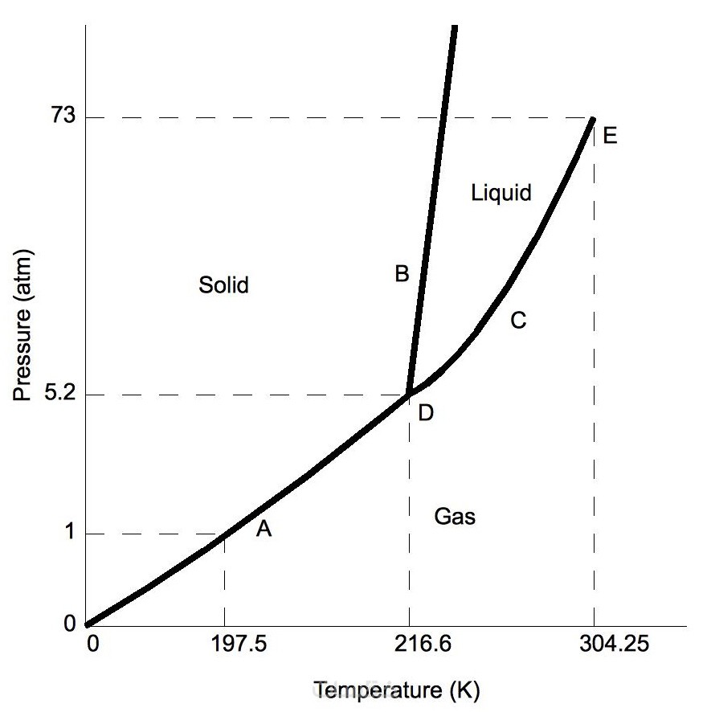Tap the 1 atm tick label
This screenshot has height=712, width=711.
tap(69, 534)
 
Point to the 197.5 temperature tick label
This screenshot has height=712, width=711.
tap(224, 645)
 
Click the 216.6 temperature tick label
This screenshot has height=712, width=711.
tap(409, 645)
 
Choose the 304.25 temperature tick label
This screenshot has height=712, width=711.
tap(594, 645)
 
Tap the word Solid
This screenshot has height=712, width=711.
tap(223, 284)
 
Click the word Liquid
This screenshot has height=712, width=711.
tap(502, 193)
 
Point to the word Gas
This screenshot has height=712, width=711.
tap(455, 517)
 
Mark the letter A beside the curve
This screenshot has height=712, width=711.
tap(264, 529)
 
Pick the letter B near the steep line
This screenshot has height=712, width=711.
tap(402, 274)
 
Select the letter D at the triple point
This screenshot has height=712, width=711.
tap(426, 413)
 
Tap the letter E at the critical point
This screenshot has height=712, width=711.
tap(610, 136)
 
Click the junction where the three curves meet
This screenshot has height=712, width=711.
tap(409, 394)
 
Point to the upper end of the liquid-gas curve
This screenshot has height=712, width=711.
tap(593, 119)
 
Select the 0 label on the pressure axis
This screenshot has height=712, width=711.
tap(69, 624)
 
